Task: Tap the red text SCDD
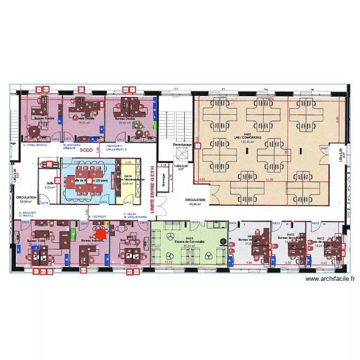pyautogui.click(x=86, y=150)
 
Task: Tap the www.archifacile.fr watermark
pyautogui.click(x=330, y=279)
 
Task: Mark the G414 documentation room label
pyautogui.click(x=128, y=180)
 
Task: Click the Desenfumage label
pyautogui.click(x=182, y=144)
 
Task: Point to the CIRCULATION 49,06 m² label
pyautogui.click(x=195, y=202)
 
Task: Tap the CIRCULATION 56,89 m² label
pyautogui.click(x=26, y=199)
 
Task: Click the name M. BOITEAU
pyautogui.click(x=72, y=144)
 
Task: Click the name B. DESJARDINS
pyautogui.click(x=135, y=217)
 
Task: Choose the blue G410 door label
pyautogui.click(x=55, y=139)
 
